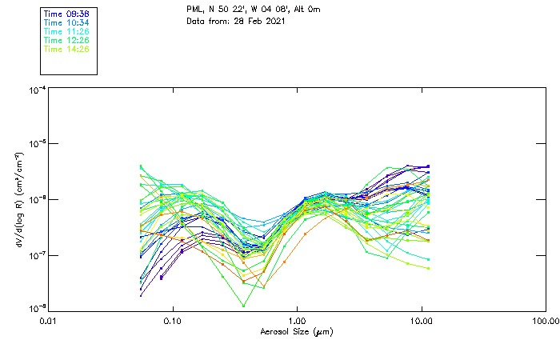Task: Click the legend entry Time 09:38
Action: pos(66,14)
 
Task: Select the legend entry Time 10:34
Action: pos(66,22)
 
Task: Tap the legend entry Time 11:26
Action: pos(66,31)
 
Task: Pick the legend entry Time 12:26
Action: pos(66,40)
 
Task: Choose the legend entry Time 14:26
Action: pos(66,49)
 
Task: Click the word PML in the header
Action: pos(195,9)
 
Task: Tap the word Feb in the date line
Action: pos(256,20)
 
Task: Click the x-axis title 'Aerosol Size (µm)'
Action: pos(296,331)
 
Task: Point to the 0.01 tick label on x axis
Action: pos(48,320)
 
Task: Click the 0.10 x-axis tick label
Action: pos(172,320)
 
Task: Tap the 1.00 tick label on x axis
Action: pos(297,320)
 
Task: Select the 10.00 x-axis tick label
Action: pos(421,320)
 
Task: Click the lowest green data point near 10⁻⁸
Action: pos(243,306)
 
